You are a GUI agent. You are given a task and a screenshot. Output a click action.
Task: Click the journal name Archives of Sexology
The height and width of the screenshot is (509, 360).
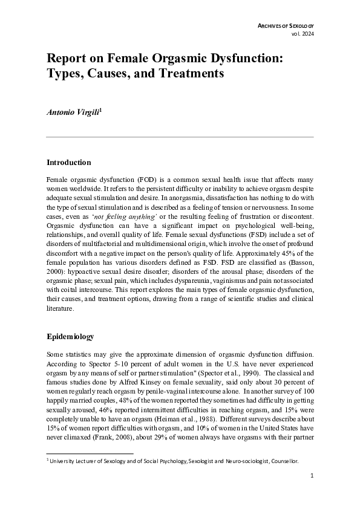pyautogui.click(x=286, y=25)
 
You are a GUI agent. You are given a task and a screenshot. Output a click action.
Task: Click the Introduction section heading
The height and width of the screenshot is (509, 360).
pyautogui.click(x=68, y=163)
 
